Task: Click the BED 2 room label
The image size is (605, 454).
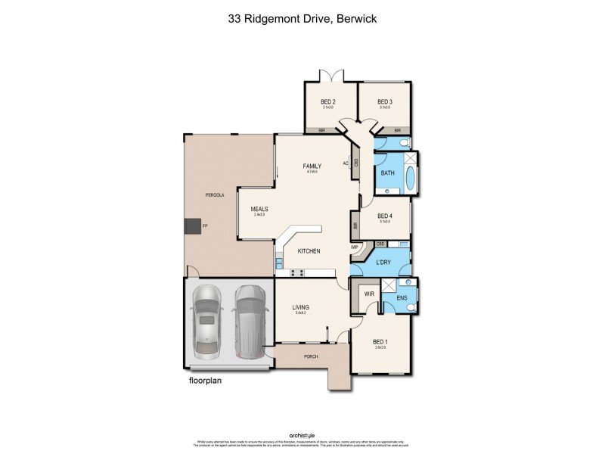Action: tap(328, 102)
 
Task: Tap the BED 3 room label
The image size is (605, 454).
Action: tap(385, 102)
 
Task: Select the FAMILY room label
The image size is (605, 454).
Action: tap(312, 166)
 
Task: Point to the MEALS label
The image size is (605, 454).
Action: tap(260, 210)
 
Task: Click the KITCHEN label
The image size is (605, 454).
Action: tap(309, 250)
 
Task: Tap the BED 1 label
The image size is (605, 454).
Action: tap(380, 342)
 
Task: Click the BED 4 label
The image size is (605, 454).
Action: tap(385, 215)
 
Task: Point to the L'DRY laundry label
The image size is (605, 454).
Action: tap(382, 262)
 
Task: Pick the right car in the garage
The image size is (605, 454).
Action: tap(250, 322)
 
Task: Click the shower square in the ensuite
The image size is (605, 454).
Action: tap(389, 285)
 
